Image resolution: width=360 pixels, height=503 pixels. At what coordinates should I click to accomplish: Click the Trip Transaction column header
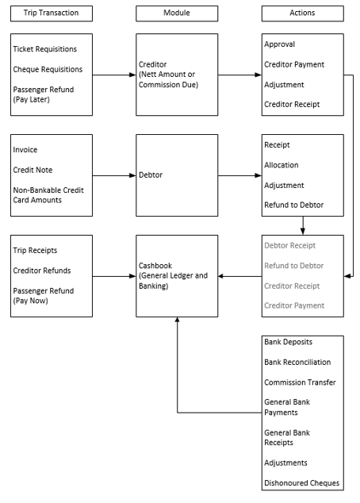(x=51, y=13)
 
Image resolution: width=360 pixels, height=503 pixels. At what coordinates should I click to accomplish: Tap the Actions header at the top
(x=302, y=13)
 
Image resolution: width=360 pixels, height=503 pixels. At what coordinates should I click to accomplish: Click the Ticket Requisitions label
(x=45, y=49)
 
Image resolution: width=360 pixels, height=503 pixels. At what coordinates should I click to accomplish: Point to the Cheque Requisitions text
(x=48, y=69)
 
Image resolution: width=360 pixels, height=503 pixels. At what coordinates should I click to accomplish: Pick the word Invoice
(x=25, y=149)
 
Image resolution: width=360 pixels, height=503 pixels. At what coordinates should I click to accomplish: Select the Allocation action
(x=281, y=165)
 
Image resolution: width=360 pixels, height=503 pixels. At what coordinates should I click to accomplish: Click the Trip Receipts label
(x=35, y=250)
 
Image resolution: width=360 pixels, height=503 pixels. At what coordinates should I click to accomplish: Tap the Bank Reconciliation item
(x=297, y=362)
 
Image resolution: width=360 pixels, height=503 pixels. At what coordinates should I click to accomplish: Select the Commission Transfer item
(x=300, y=382)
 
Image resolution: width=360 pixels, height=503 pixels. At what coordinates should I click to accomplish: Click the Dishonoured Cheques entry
(x=301, y=482)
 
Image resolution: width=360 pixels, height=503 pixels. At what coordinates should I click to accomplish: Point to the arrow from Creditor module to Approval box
(x=239, y=75)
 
